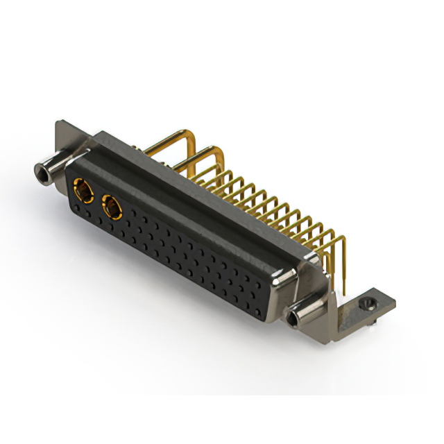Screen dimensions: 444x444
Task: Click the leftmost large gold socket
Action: pos(81,189)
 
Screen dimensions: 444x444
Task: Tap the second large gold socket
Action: pos(110,205)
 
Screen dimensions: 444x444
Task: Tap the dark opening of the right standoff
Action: pos(296,320)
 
